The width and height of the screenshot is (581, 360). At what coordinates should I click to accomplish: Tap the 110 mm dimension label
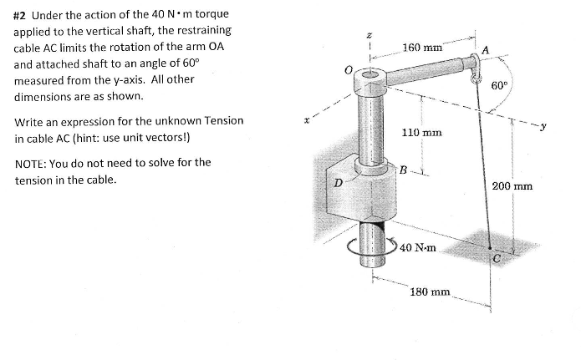(x=421, y=133)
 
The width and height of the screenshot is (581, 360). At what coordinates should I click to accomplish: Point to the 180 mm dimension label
(x=431, y=292)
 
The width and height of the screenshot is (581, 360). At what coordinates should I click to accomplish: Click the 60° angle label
(x=500, y=85)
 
